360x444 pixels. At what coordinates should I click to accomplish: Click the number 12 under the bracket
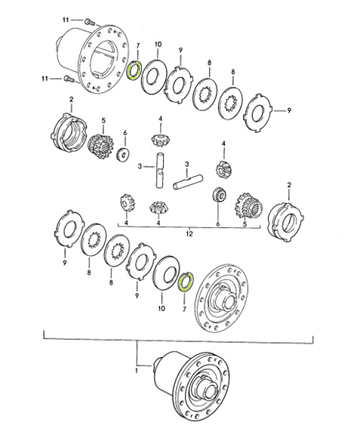point(189,234)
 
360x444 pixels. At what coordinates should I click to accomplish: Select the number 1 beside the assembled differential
point(137,370)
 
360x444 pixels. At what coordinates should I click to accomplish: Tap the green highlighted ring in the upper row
point(133,70)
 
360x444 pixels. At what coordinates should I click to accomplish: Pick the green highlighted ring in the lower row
point(185,282)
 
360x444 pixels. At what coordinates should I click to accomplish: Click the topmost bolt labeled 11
point(89,21)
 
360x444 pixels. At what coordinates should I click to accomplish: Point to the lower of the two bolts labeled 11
point(69,79)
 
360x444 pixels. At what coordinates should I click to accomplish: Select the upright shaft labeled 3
point(160,170)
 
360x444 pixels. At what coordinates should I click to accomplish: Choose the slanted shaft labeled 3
point(188,181)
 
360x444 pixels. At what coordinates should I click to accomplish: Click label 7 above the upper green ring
point(138,45)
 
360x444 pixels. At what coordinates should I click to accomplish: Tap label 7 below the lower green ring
point(184,310)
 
